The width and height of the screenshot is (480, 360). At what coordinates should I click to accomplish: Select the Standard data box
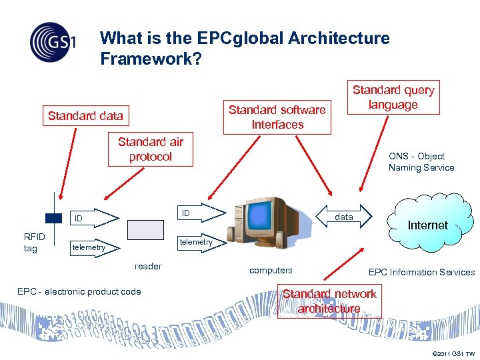85,116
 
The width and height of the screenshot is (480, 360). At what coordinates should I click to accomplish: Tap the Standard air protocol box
150,149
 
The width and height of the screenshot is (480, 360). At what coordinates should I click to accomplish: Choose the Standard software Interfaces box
277,117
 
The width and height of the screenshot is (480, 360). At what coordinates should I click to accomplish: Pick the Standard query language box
393,97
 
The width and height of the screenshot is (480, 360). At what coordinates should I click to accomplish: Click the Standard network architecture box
329,301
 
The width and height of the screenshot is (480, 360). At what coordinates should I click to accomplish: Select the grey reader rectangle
145,229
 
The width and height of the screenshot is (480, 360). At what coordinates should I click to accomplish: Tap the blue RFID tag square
53,217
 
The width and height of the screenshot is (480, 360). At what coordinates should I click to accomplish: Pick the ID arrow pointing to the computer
200,213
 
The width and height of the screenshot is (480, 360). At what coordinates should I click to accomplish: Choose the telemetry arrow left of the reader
93,247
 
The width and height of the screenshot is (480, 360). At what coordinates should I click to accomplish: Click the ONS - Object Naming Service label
421,162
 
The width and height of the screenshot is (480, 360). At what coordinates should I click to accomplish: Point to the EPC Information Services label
421,272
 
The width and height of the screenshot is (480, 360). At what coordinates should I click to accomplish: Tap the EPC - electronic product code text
79,291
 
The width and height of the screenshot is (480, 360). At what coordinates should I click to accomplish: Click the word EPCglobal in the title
227,39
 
